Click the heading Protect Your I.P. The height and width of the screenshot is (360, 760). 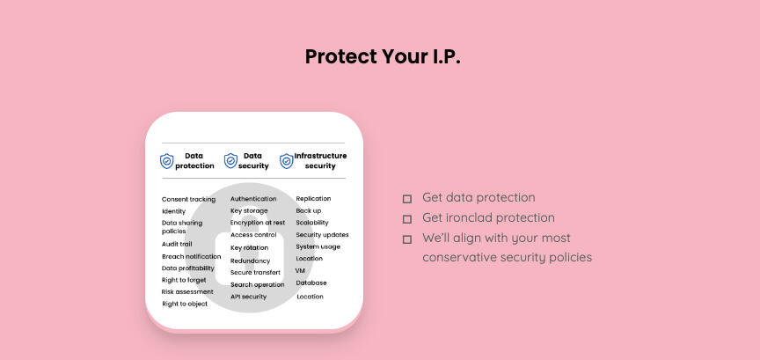tap(383, 56)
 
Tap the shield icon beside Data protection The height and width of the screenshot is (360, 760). tap(167, 161)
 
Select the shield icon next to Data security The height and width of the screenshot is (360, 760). tap(230, 160)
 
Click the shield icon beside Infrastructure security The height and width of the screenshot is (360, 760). tap(287, 161)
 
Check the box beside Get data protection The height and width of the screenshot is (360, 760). tap(407, 199)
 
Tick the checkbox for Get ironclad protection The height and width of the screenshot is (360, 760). tap(407, 219)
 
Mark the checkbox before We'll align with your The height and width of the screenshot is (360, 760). tap(407, 239)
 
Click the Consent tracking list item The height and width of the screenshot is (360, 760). tap(188, 200)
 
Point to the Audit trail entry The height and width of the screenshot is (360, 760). tap(177, 244)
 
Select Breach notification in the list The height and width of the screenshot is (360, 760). tap(192, 256)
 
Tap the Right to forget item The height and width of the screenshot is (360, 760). tap(184, 280)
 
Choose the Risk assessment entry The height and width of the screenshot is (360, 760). tap(187, 291)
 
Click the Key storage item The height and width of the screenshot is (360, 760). tap(249, 211)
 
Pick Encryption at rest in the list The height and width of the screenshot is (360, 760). tap(258, 223)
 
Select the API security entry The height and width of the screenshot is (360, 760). tap(248, 297)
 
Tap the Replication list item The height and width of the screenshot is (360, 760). tap(313, 198)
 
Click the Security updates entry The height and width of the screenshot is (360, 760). tap(322, 235)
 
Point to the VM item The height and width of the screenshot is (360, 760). tap(300, 271)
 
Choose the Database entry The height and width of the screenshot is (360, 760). tap(311, 283)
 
